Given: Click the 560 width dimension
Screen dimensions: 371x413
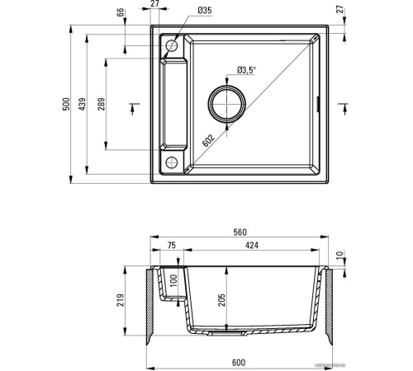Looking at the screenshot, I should tap(239, 233).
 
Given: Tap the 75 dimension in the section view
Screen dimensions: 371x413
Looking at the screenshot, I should tap(171, 245).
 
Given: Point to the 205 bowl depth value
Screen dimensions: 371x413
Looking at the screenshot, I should tap(221, 300).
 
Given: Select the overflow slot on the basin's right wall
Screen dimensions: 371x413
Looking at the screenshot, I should tap(319, 103).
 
